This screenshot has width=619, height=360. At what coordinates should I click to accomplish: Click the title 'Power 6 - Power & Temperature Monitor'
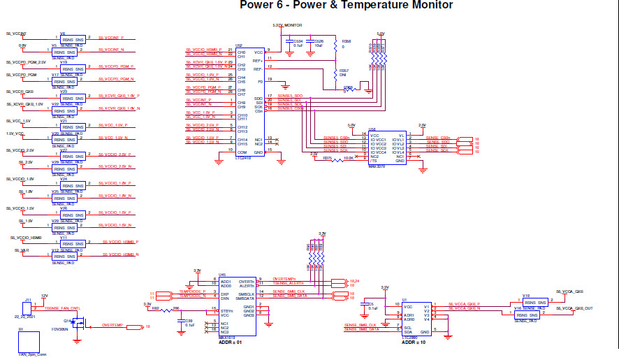click(346, 6)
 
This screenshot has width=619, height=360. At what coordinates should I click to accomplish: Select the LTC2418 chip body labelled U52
click(250, 102)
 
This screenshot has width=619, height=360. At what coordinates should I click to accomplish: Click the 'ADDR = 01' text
click(231, 343)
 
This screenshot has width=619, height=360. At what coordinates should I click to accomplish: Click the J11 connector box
click(29, 308)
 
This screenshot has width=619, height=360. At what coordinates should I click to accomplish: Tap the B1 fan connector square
click(28, 342)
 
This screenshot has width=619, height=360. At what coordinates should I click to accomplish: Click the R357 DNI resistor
click(336, 72)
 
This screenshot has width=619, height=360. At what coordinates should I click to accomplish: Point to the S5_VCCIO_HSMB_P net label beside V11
click(122, 242)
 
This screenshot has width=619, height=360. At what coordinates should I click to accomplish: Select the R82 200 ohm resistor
click(167, 310)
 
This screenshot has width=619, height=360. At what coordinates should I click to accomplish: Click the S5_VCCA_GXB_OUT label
click(579, 308)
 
